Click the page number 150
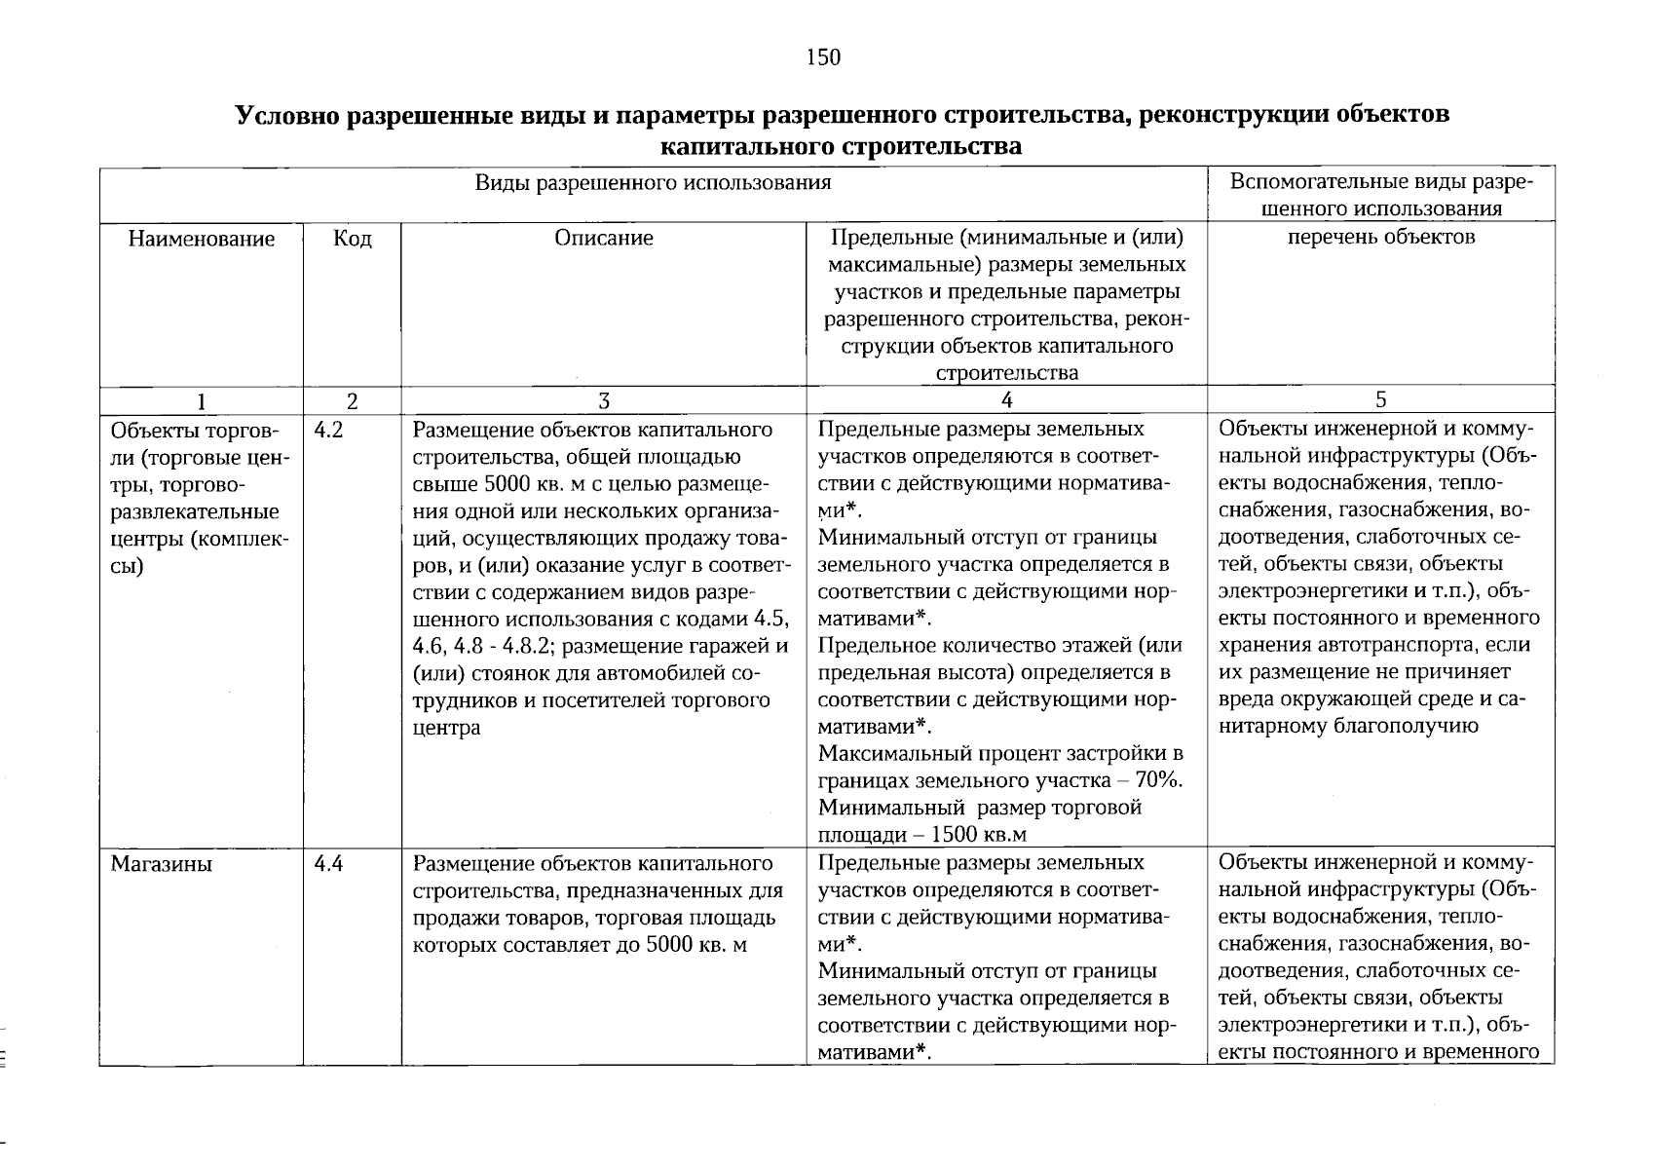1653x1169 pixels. [823, 57]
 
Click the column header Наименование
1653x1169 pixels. [201, 239]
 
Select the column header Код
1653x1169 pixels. [352, 239]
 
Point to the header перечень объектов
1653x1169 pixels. [1380, 237]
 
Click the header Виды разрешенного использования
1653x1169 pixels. [653, 183]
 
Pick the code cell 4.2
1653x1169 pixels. [329, 430]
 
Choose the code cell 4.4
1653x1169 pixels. [329, 863]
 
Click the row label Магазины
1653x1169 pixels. [161, 863]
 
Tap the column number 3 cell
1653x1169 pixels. [604, 400]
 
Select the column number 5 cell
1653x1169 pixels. [1380, 400]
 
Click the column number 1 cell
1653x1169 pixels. [201, 400]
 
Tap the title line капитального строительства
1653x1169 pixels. [841, 147]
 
